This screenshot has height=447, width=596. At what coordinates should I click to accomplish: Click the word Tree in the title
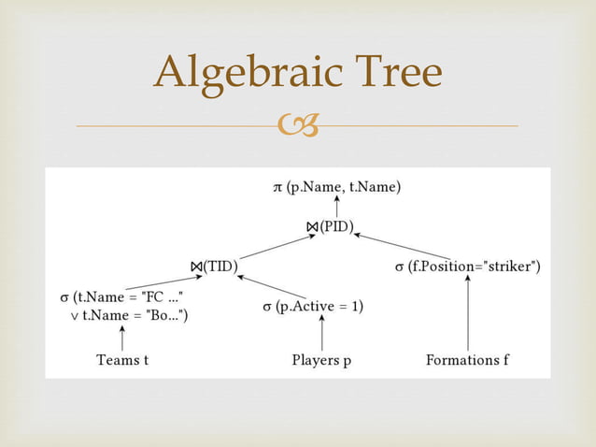coord(394,73)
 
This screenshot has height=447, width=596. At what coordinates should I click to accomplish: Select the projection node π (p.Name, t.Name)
coord(336,188)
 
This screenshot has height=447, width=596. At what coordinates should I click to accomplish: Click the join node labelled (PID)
coord(329,227)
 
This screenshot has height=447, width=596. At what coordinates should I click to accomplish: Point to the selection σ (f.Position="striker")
coord(467,267)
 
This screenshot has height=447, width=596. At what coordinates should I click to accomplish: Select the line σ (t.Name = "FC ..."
coord(121,296)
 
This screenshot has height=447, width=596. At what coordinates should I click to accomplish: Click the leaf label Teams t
coord(122,360)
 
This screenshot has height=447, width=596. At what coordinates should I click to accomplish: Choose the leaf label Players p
coord(321,360)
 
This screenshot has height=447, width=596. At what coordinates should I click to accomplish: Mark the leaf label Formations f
coord(467,360)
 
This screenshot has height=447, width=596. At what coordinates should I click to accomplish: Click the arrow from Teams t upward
coord(122,337)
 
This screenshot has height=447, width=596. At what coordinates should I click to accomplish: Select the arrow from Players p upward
coord(322,333)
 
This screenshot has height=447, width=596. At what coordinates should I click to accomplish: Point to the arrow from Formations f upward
coord(467,313)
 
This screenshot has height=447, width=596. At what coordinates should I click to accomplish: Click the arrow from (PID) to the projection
coord(336,208)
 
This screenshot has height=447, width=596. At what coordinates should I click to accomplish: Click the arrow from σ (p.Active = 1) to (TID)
coord(272,286)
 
